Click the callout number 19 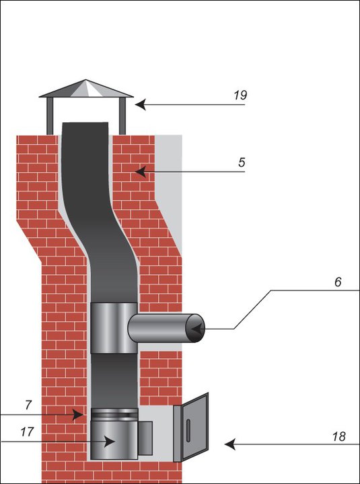click(240, 95)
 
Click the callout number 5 click(242, 163)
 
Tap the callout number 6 click(338, 282)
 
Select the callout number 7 click(28, 405)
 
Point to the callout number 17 click(27, 432)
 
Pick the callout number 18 click(339, 436)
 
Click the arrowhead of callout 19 click(140, 105)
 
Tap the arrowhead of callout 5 click(141, 171)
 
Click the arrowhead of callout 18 click(230, 444)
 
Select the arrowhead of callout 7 click(78, 415)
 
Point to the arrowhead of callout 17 click(109, 442)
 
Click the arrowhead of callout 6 click(197, 329)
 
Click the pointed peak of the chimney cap click(86, 80)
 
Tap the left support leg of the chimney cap click(50, 116)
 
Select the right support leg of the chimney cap click(122, 116)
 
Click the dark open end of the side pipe click(195, 328)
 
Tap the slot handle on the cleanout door click(188, 430)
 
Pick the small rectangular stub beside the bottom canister click(145, 438)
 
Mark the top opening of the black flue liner click(85, 123)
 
